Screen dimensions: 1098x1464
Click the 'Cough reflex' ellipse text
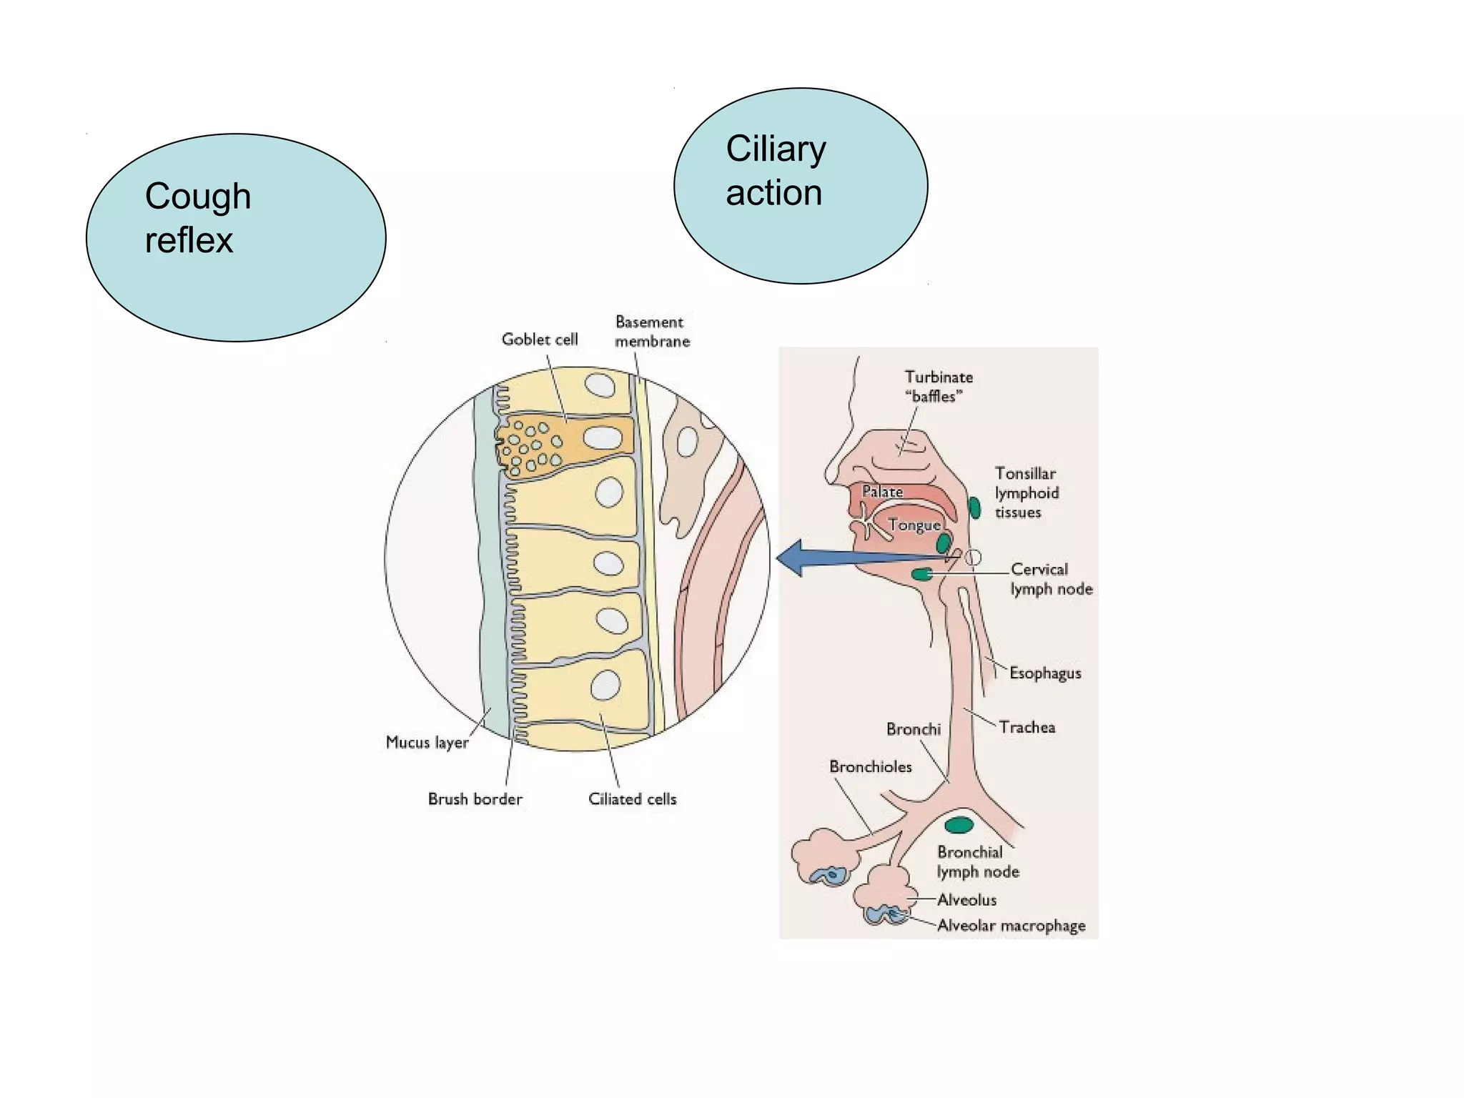click(x=197, y=218)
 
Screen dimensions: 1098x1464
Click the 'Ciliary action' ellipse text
click(x=776, y=171)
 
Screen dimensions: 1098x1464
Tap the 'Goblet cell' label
click(x=540, y=340)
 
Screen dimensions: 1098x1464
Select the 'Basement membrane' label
click(x=652, y=332)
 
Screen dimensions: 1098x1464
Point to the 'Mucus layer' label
click(x=427, y=743)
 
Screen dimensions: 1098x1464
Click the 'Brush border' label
click(x=475, y=799)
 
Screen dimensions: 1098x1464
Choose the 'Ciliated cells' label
click(x=632, y=799)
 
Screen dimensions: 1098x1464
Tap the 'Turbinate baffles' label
click(x=938, y=387)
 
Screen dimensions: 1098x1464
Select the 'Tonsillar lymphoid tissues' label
click(x=1027, y=493)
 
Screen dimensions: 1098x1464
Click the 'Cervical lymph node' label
click(x=1051, y=579)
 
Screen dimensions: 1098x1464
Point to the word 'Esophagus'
click(x=1045, y=673)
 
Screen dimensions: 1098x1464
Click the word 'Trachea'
click(x=1027, y=728)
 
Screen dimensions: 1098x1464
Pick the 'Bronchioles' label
click(x=870, y=767)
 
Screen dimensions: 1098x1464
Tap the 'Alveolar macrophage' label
click(x=1011, y=926)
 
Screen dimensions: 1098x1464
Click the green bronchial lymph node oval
click(x=959, y=826)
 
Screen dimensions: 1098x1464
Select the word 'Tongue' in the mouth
click(x=914, y=525)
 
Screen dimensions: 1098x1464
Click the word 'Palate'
click(x=882, y=492)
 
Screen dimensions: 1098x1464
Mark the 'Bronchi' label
click(x=913, y=729)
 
